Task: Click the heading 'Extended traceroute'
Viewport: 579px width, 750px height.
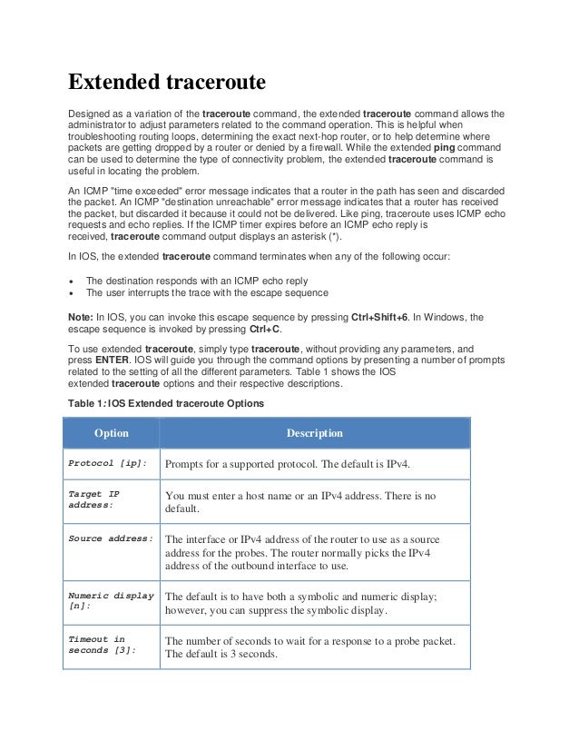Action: pos(167,84)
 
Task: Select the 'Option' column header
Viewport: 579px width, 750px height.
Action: pos(112,433)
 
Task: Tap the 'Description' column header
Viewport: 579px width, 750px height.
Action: pos(315,433)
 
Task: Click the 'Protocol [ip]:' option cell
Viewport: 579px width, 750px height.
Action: pos(108,464)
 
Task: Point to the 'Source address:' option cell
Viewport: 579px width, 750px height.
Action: pos(111,538)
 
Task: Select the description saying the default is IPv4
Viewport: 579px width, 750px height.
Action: pos(288,465)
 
